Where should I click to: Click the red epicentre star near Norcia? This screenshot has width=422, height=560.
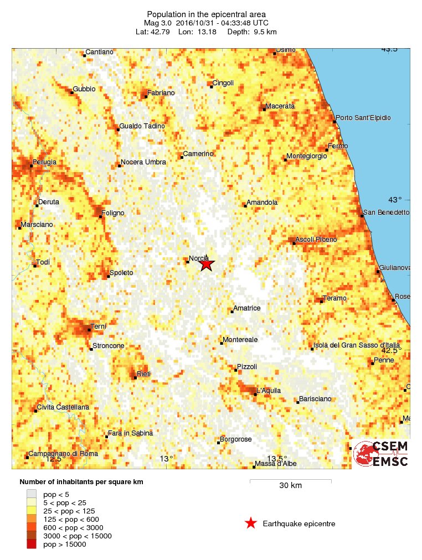click(x=206, y=264)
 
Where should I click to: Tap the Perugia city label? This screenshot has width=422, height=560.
click(x=45, y=162)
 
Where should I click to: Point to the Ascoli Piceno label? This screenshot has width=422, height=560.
click(x=316, y=239)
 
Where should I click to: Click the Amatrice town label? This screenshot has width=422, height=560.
click(x=247, y=308)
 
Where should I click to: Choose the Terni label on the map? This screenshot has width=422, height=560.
click(x=98, y=326)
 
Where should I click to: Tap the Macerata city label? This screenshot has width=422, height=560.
click(x=280, y=106)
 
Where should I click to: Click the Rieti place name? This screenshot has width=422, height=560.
click(x=143, y=374)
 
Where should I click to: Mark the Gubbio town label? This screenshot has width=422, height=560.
click(x=84, y=89)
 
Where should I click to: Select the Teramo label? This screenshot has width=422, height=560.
click(x=334, y=298)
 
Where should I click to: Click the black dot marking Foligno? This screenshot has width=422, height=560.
click(x=101, y=216)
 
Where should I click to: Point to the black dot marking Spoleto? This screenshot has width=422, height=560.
click(x=108, y=276)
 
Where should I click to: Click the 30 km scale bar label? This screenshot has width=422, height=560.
click(x=290, y=486)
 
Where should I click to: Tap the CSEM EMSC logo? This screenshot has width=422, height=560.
click(x=382, y=454)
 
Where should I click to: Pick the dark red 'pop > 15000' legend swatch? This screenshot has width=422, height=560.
click(x=32, y=545)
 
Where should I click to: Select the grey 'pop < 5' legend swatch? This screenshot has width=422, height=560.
click(x=32, y=494)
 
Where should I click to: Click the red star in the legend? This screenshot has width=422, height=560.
click(x=251, y=523)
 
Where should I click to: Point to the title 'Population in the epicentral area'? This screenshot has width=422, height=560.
click(x=206, y=14)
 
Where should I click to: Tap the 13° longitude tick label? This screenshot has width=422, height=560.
click(x=167, y=458)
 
